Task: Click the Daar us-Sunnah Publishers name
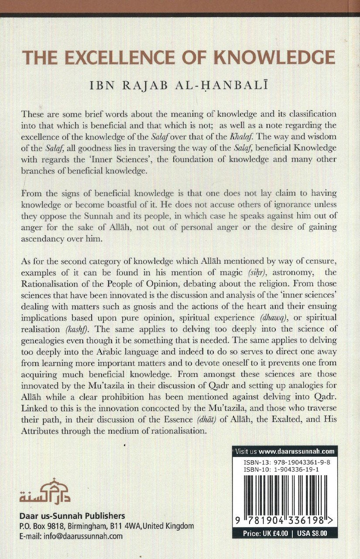(72, 516)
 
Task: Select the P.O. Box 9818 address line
(107, 526)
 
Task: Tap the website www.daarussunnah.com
(302, 451)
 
